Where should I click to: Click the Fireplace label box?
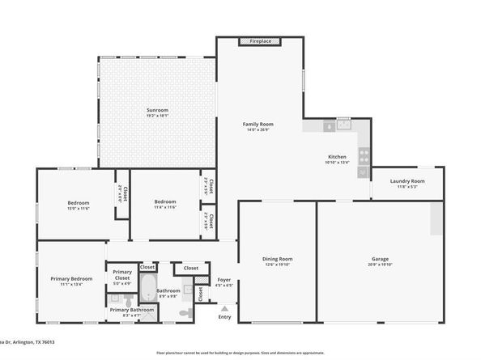(260, 40)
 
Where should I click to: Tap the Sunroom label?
(157, 109)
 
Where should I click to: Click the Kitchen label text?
(337, 156)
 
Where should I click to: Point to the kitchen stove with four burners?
(364, 154)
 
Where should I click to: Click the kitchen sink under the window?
(343, 126)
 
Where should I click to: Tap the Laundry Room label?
(407, 181)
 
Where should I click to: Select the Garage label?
(381, 259)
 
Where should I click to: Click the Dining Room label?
(276, 259)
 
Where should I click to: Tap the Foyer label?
(224, 279)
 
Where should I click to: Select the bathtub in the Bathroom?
(149, 286)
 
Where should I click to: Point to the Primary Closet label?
(121, 274)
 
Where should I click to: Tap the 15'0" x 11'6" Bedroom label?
(78, 202)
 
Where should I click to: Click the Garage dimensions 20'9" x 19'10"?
(381, 265)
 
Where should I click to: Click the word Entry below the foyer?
(224, 316)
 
